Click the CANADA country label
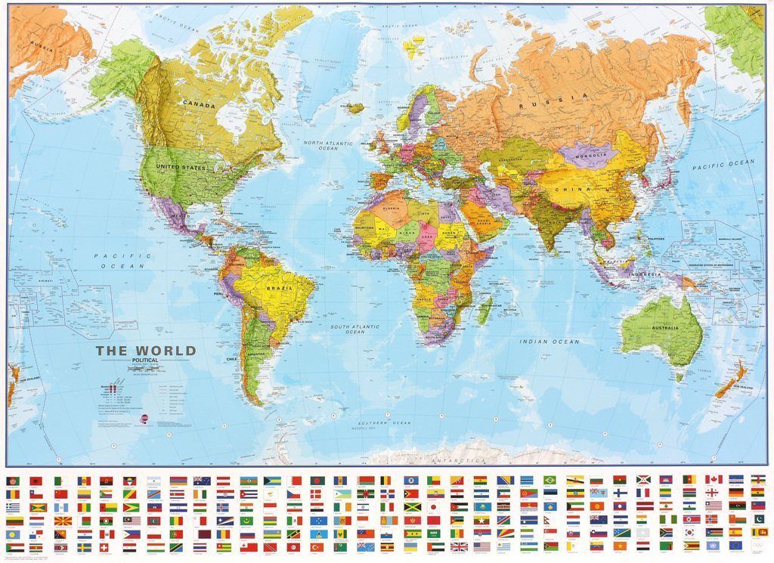199,105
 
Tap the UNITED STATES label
181,167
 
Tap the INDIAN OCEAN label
550,342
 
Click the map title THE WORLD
145,351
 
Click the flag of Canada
713,479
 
